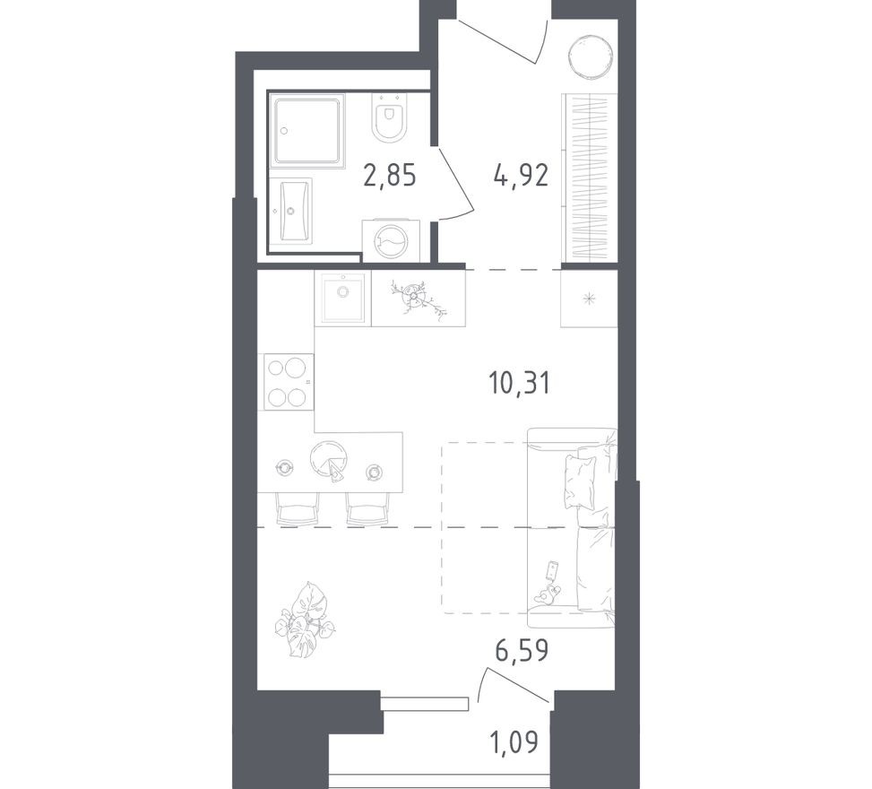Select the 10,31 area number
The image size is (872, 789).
[x=518, y=383]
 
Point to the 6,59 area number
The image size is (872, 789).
[x=521, y=648]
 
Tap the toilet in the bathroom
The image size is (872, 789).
[x=389, y=120]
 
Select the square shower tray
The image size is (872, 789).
[x=308, y=131]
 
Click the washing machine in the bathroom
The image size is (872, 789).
[x=390, y=239]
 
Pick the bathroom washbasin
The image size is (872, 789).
[x=294, y=212]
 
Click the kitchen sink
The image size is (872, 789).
[x=341, y=297]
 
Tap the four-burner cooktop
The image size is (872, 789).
[x=286, y=382]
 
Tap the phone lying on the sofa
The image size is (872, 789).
[x=552, y=570]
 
